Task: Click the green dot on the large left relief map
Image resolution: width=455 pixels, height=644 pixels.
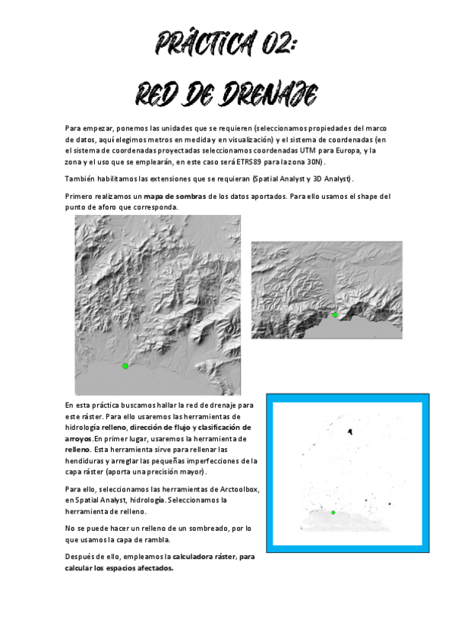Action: click(x=125, y=366)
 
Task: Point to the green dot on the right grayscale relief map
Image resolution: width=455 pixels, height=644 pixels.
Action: click(x=335, y=314)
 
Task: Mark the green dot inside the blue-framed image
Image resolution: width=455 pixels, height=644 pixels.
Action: click(x=333, y=513)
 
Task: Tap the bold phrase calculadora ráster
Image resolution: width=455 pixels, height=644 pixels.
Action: click(x=204, y=557)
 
